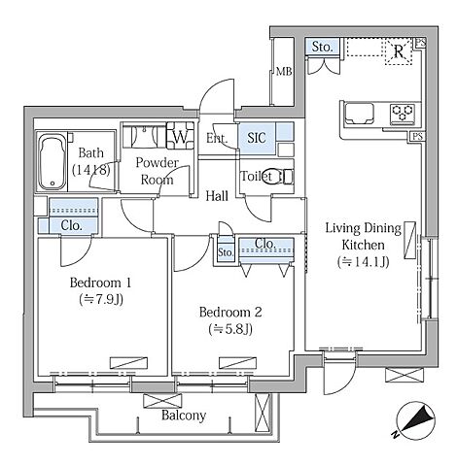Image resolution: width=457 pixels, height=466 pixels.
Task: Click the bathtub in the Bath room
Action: point(53,163)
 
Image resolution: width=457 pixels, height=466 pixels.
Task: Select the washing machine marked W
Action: point(180,136)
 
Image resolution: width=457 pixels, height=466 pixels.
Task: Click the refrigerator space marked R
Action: point(399,51)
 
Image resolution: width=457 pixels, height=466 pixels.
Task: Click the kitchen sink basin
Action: point(360,114)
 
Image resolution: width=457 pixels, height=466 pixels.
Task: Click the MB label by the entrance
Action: point(284,71)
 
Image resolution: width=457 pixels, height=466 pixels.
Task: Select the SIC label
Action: point(257,138)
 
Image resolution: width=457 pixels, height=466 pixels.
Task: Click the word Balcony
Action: point(184,416)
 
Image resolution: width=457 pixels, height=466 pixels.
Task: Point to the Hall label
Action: point(217,196)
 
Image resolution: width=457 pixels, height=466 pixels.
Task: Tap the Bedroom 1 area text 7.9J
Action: point(101,300)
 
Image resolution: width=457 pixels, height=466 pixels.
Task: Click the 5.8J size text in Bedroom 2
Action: point(230,329)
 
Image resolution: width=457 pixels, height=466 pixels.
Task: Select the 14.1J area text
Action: point(363,262)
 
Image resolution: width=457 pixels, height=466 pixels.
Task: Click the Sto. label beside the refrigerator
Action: point(322,48)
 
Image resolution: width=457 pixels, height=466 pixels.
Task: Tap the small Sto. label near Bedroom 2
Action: point(226,252)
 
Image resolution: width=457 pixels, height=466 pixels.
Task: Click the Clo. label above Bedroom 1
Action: point(71,225)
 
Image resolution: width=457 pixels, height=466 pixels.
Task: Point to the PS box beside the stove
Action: point(417,137)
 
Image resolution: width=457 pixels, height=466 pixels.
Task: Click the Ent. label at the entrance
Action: point(217,139)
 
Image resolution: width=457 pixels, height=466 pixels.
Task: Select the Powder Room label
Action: point(157,171)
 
